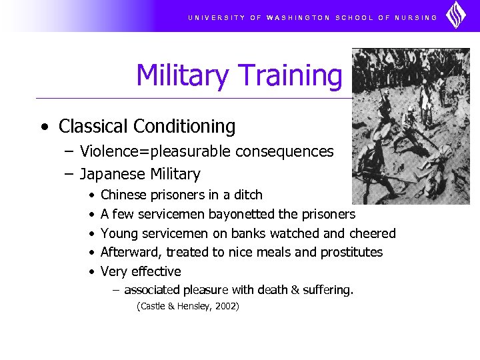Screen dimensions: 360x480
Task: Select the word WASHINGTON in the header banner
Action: point(298,17)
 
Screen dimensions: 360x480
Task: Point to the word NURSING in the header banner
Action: point(417,17)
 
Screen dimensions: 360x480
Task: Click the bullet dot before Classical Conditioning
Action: point(43,127)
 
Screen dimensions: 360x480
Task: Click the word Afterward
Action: point(131,253)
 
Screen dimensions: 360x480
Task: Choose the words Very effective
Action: point(141,272)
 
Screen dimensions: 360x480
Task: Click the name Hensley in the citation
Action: point(191,307)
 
